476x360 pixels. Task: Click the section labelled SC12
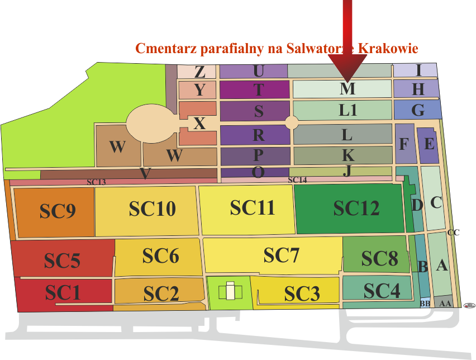[356, 208]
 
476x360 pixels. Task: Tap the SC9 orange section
[58, 211]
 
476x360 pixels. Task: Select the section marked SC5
[63, 260]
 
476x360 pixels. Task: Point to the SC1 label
[63, 292]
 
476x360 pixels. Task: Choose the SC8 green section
[379, 259]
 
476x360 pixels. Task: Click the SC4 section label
[382, 291]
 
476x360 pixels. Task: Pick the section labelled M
[347, 89]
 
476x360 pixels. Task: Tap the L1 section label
[348, 110]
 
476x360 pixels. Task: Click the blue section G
[417, 110]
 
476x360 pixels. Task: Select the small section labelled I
[418, 70]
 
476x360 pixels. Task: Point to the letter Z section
[199, 72]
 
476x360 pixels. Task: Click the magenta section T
[258, 89]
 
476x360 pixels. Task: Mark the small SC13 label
[96, 182]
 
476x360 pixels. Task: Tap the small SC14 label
[297, 180]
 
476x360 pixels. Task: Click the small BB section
[425, 304]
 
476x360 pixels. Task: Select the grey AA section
[445, 303]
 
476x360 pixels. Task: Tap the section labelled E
[429, 144]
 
